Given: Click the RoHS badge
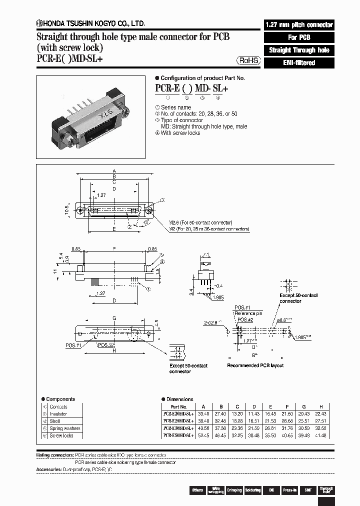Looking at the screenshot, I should click(248, 60).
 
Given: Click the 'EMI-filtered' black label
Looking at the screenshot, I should click(298, 63).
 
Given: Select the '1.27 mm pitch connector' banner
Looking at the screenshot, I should click(298, 24).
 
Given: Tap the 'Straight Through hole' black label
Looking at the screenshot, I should click(298, 50).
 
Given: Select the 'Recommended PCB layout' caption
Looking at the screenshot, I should click(255, 365).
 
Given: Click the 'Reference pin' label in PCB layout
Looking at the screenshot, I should click(248, 313).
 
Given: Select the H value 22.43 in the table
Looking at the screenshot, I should click(323, 414).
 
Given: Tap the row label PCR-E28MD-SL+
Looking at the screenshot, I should click(178, 421).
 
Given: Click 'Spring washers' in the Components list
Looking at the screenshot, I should click(64, 428).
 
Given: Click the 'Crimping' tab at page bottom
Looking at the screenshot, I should click(234, 490).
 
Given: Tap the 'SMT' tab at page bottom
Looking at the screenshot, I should click(308, 490).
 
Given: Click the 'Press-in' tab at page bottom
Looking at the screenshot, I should click(289, 490).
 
